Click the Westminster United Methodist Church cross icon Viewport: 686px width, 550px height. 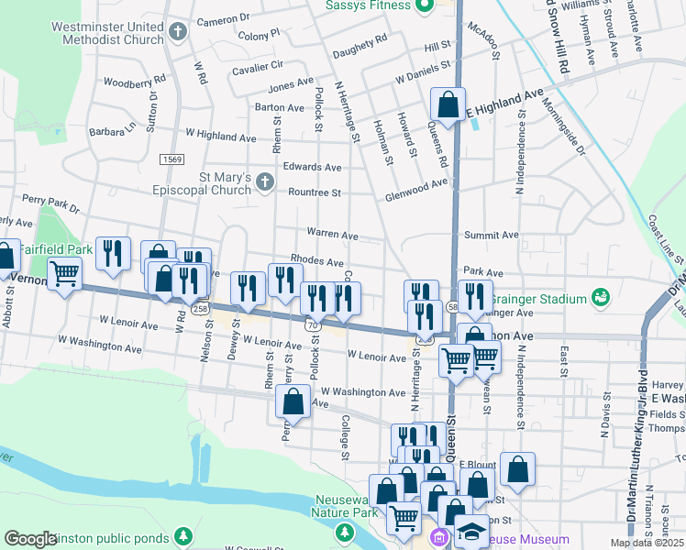click(x=178, y=33)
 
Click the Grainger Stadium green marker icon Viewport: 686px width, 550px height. click(x=600, y=298)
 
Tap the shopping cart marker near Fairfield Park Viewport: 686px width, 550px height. click(x=64, y=273)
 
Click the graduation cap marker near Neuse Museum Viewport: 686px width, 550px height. click(x=470, y=532)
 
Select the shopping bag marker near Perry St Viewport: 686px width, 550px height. click(x=293, y=401)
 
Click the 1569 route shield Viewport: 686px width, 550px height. click(x=171, y=159)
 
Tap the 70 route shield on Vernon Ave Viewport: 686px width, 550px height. click(x=315, y=324)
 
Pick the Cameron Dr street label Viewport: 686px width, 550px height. click(x=223, y=18)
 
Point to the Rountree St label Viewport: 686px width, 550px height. click(x=315, y=192)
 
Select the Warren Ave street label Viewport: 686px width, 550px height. click(x=332, y=236)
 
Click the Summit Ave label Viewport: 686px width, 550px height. click(x=492, y=236)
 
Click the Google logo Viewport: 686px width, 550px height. click(x=30, y=539)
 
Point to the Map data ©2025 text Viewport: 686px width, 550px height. click(x=647, y=543)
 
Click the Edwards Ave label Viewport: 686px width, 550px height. click(x=312, y=167)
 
